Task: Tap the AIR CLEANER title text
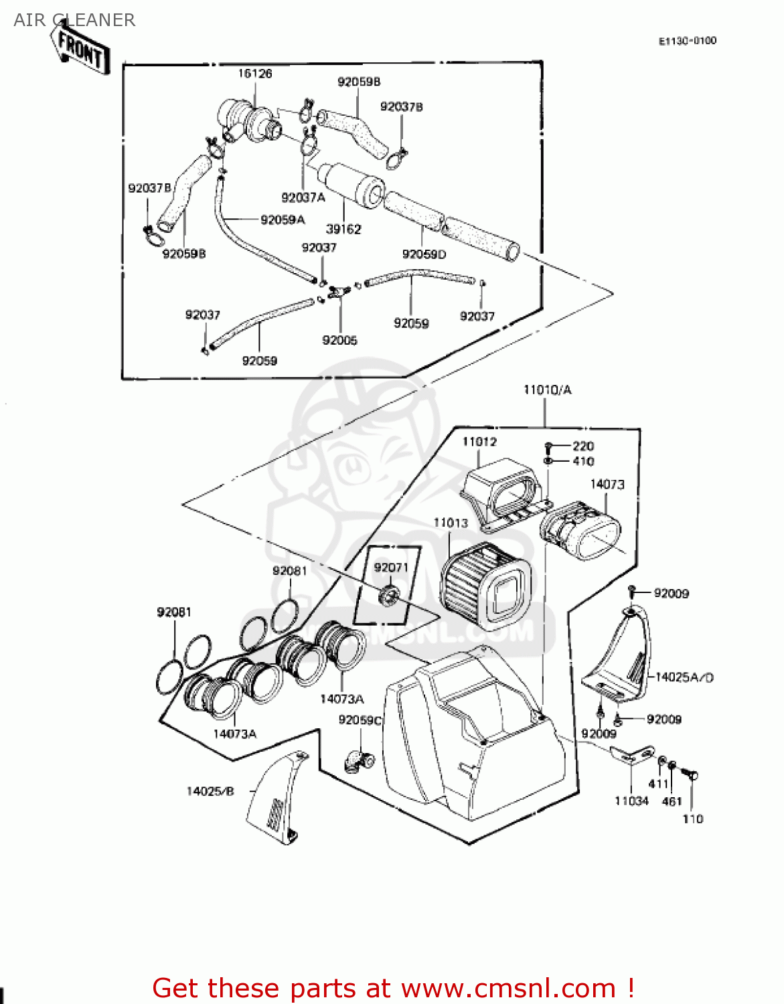coord(74,20)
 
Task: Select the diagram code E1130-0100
coord(687,41)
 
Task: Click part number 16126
coord(255,74)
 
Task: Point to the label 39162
coord(343,229)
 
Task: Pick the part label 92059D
coord(424,254)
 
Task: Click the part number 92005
coord(339,340)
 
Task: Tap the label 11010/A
coord(547,390)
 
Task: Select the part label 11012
coord(479,442)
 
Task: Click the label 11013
coord(450,523)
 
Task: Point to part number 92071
coord(391,568)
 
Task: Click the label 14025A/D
coord(684,677)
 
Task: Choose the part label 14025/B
coord(210,791)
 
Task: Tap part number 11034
coord(631,801)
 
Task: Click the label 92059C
coord(360,720)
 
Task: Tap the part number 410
coord(583,461)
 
